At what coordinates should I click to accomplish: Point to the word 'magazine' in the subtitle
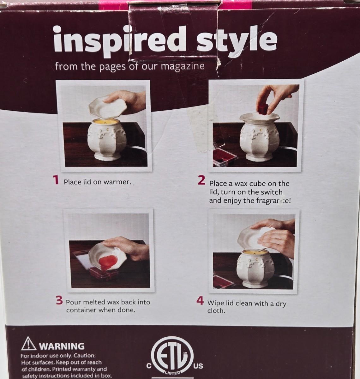pos(183,66)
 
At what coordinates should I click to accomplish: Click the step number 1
pos(56,180)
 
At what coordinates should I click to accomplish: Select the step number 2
pos(201,180)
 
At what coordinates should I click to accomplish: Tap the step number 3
pos(59,300)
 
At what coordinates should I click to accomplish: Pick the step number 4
pos(200,301)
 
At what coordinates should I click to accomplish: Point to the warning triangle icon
pos(28,344)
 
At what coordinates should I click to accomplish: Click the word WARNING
pos(62,346)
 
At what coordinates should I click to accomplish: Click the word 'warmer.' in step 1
pos(117,182)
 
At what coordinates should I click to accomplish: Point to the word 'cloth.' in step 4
pos(216,311)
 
